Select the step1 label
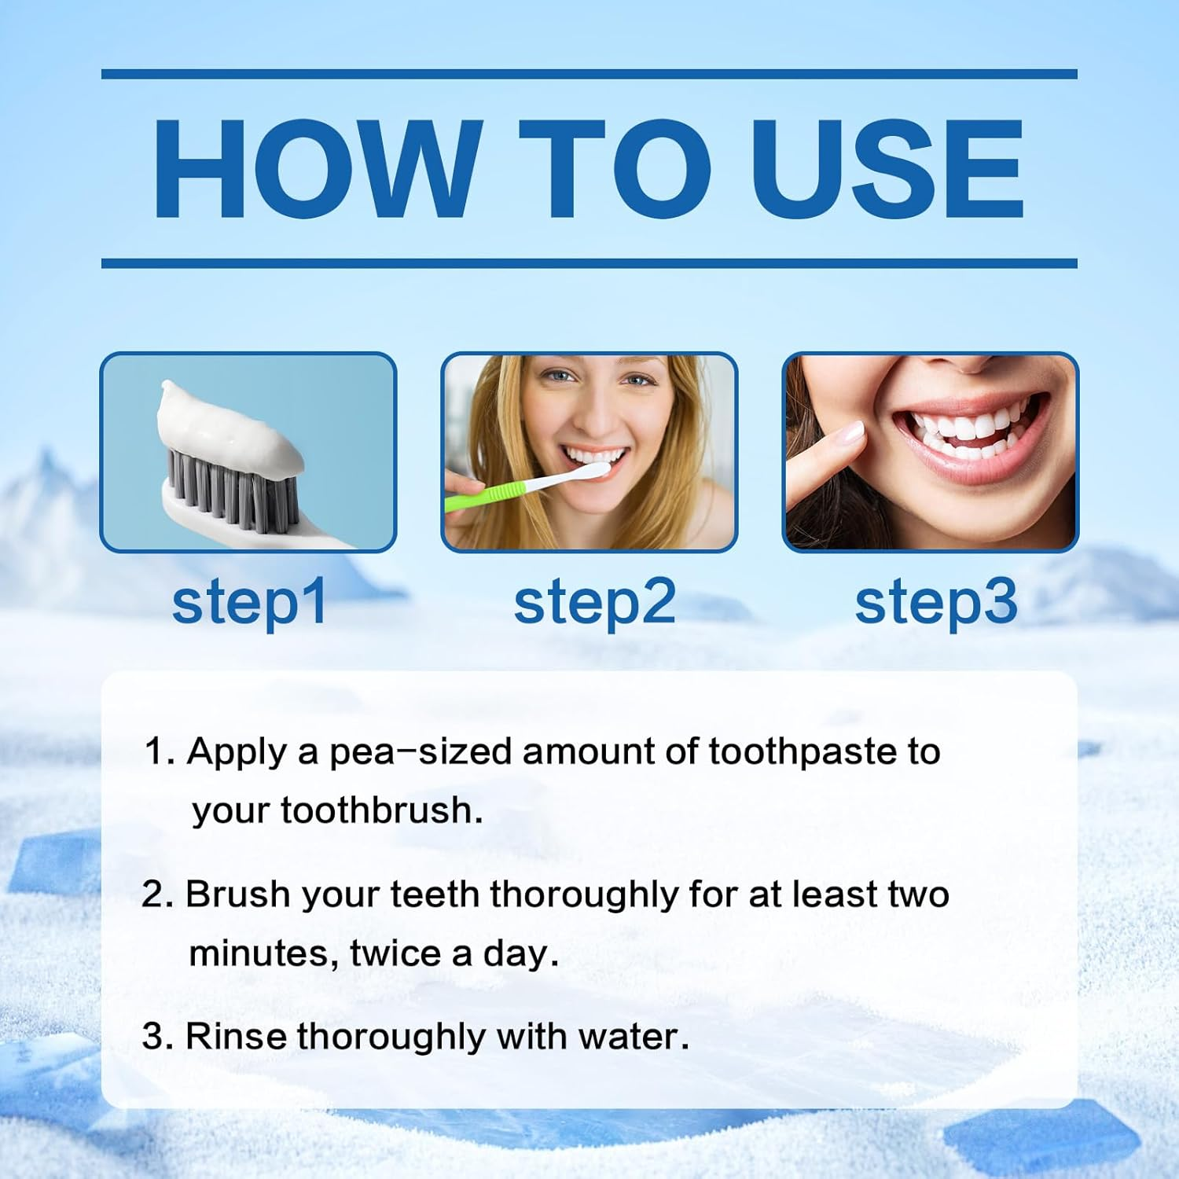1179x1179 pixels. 249,603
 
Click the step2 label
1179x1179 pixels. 594,603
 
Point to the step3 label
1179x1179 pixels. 935,603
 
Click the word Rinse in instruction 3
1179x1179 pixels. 236,1037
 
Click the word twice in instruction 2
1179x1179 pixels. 395,953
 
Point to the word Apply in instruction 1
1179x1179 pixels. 237,752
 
